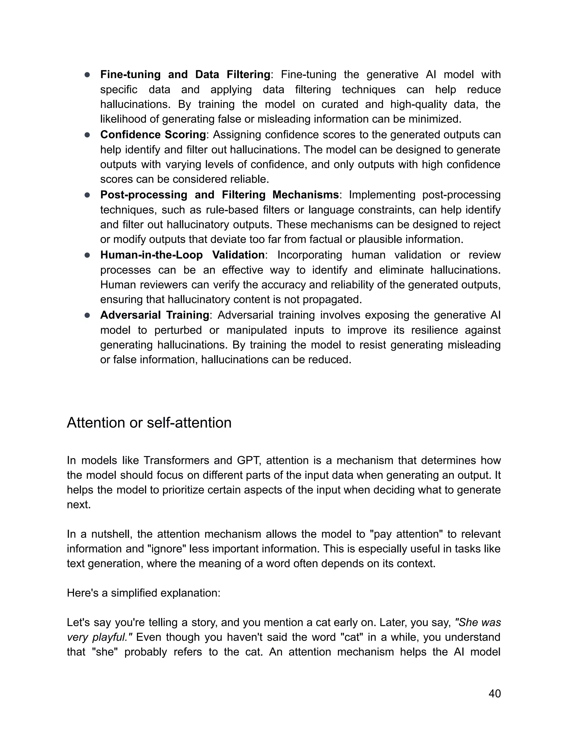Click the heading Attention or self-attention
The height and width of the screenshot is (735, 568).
pos(149,423)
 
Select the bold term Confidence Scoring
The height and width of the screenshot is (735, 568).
pos(153,135)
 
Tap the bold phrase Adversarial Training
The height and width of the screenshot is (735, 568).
pos(154,315)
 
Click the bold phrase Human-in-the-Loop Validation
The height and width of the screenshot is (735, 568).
pos(182,255)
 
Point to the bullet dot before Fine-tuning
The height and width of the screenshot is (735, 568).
pos(87,75)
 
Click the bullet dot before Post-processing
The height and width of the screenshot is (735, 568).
pos(87,195)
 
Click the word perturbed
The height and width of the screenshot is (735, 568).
pos(178,330)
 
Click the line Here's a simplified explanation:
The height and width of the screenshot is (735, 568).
pos(144,593)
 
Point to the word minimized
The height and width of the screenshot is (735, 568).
pos(434,119)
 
